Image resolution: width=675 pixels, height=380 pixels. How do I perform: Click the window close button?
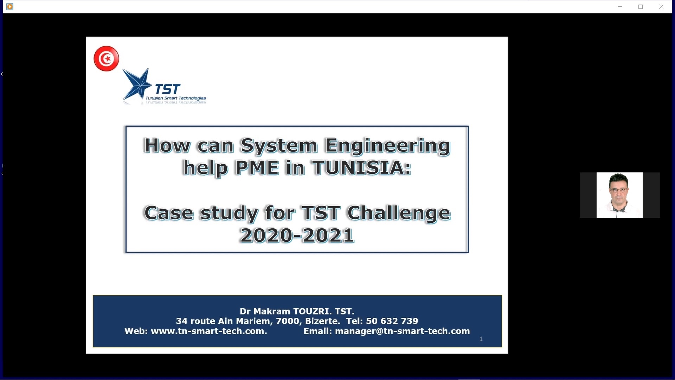pyautogui.click(x=661, y=7)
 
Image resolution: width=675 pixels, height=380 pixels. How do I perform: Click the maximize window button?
pyautogui.click(x=641, y=7)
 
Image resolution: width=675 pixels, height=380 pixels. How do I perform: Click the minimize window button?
pyautogui.click(x=620, y=7)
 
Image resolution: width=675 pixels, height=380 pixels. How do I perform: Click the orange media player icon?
pyautogui.click(x=10, y=7)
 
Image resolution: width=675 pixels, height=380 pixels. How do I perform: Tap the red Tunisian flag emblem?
pyautogui.click(x=106, y=58)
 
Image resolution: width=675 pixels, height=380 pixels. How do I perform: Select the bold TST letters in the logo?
pyautogui.click(x=168, y=89)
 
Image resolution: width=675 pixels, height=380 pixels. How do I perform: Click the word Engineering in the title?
pyautogui.click(x=387, y=146)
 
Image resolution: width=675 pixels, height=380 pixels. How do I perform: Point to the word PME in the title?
pyautogui.click(x=257, y=167)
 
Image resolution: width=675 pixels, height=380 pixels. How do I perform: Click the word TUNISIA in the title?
pyautogui.click(x=361, y=167)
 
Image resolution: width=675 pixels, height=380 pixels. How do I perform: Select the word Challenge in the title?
pyautogui.click(x=399, y=213)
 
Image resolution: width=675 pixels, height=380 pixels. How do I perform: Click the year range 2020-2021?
pyautogui.click(x=297, y=235)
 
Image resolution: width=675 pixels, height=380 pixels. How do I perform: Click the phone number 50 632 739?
pyautogui.click(x=392, y=321)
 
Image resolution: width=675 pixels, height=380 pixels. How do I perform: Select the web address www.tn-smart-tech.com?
pyautogui.click(x=209, y=331)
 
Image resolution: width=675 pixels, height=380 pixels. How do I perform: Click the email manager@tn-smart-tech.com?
pyautogui.click(x=402, y=331)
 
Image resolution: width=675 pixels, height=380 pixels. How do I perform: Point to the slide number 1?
pyautogui.click(x=481, y=339)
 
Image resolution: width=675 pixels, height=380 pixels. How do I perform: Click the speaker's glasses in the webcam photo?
pyautogui.click(x=619, y=190)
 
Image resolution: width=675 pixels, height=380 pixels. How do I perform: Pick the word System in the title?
pyautogui.click(x=279, y=146)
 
